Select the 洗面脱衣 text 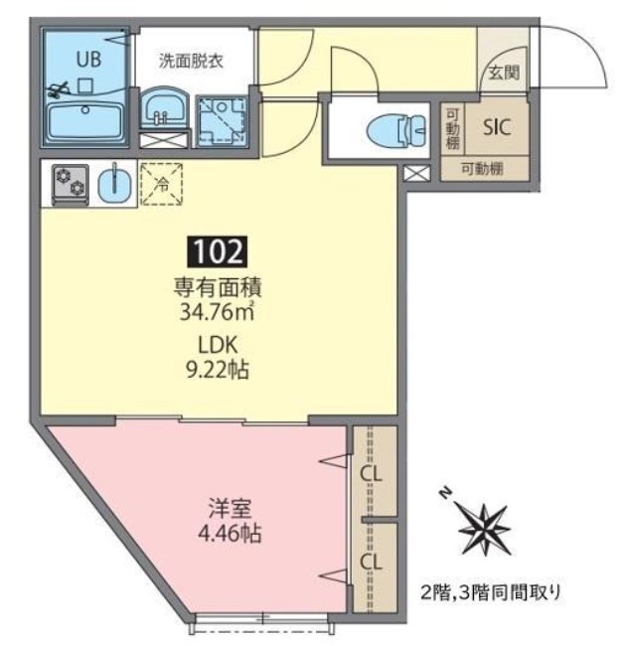click(191, 60)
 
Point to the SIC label click(496, 127)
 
